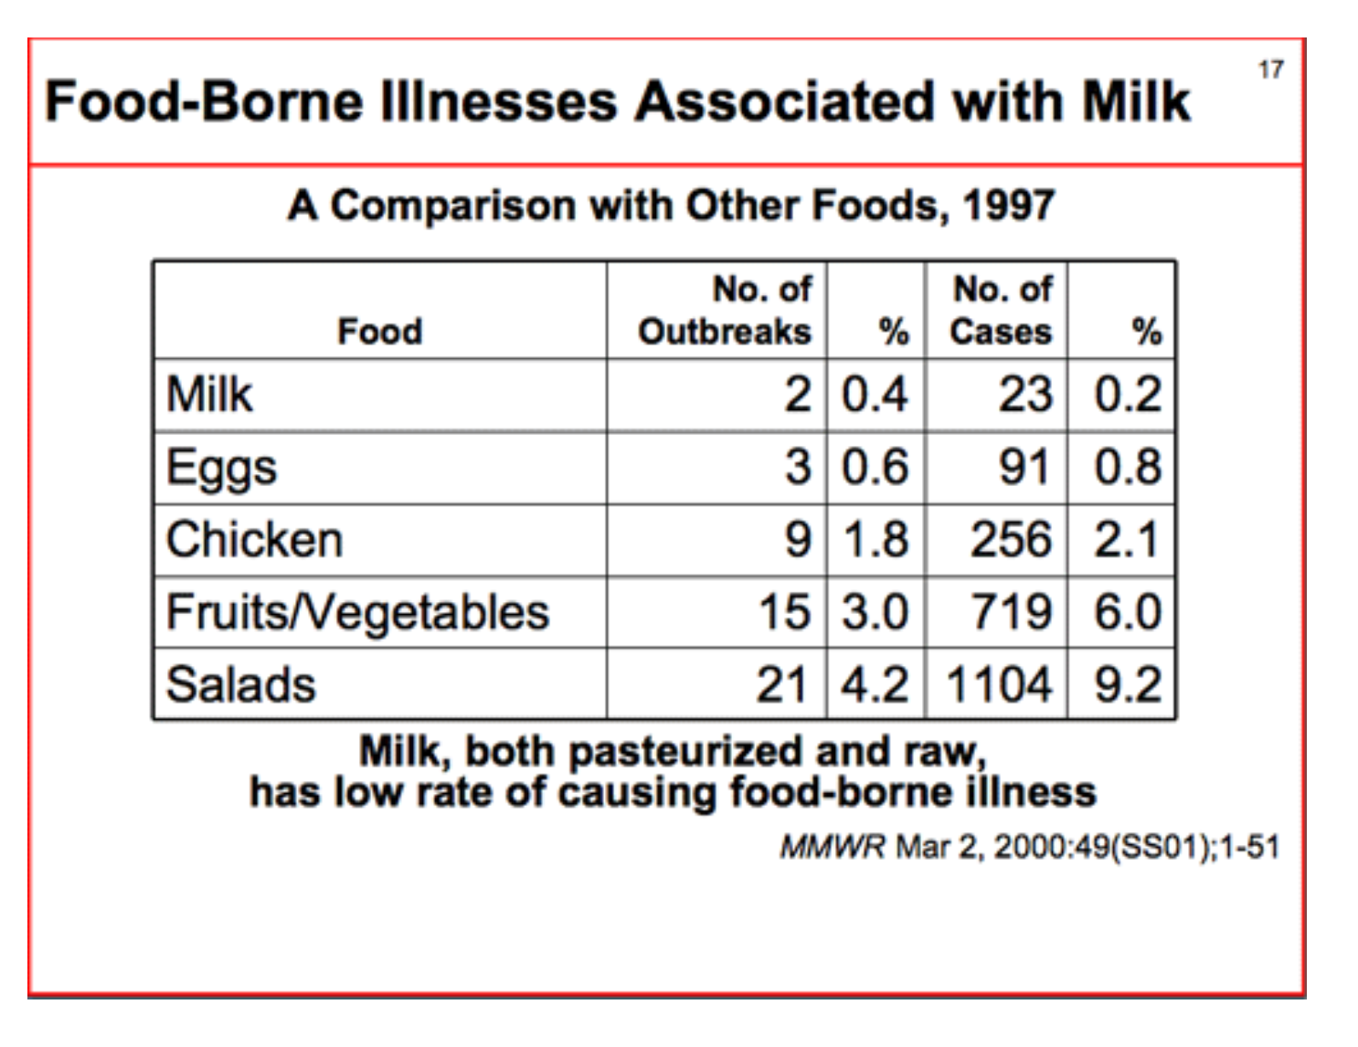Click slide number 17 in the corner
point(1270,69)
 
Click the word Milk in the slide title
point(1136,100)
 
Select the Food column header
point(380,331)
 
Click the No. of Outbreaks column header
point(725,311)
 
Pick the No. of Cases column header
point(1001,311)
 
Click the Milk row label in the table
point(209,395)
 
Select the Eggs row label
point(221,469)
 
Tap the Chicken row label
point(255,539)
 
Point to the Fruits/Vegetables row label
point(357,612)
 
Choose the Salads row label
point(241,684)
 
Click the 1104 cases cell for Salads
point(999,684)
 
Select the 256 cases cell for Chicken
point(1011,539)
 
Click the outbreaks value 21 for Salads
point(782,684)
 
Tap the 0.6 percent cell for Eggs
point(875,467)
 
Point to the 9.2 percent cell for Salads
point(1128,684)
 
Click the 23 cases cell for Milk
point(1025,395)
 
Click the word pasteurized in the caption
point(684,752)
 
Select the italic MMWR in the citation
point(833,847)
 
